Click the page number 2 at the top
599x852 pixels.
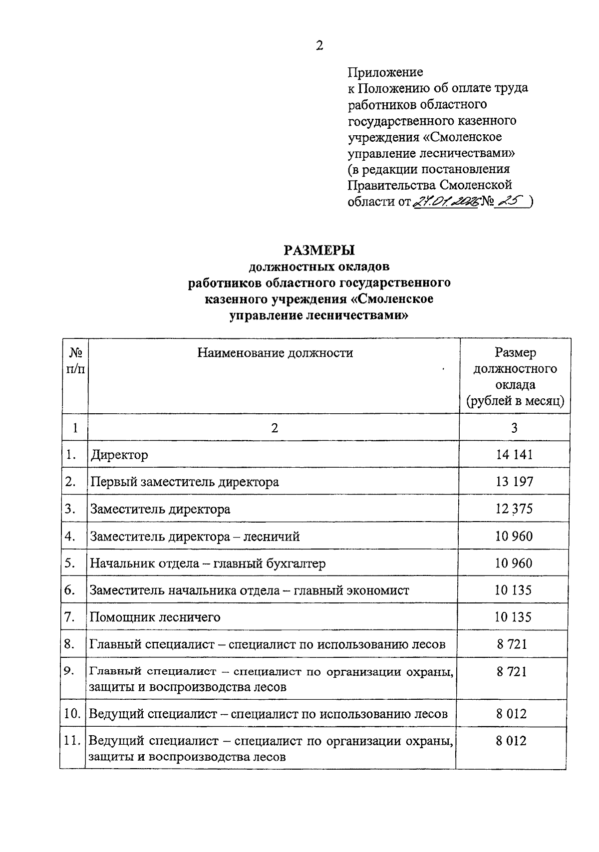coord(319,45)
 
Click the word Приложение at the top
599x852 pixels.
coord(385,72)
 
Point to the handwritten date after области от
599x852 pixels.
coord(445,201)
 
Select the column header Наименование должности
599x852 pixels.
coord(275,353)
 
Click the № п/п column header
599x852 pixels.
coord(75,361)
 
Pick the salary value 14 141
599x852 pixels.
coord(514,454)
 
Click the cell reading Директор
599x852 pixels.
coord(119,455)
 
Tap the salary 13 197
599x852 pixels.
coord(514,482)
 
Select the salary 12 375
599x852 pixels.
coord(514,509)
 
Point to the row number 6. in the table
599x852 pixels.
coord(70,590)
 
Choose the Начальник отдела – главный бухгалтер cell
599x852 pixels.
coord(208,564)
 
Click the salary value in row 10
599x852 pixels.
coord(511,714)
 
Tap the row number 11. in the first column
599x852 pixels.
coord(72,741)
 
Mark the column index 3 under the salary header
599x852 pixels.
coord(514,428)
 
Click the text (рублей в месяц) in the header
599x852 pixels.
coord(515,401)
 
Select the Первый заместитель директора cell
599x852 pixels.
coord(184,482)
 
